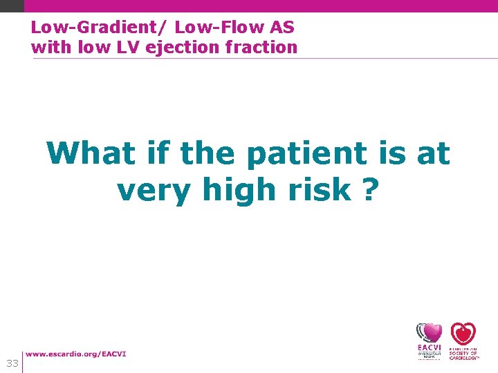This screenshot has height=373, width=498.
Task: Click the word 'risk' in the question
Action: (320, 189)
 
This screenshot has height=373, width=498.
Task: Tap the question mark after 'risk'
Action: (371, 189)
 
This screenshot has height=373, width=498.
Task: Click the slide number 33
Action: (12, 363)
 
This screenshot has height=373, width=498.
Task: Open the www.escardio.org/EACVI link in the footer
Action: (76, 354)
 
